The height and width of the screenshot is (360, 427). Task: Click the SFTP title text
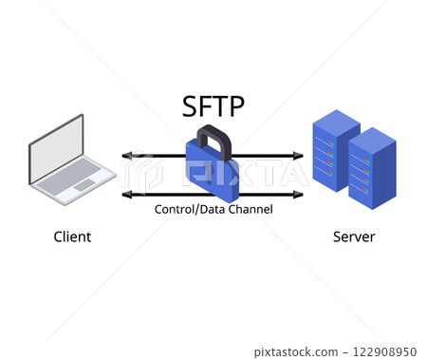pos(213,106)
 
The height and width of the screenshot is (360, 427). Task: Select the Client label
pos(72,237)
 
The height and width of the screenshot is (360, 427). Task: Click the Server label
pos(353,237)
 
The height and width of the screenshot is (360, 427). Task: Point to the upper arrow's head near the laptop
pos(126,156)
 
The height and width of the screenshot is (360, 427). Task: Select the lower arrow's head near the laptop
pos(126,195)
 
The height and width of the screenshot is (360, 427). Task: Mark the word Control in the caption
pos(175,208)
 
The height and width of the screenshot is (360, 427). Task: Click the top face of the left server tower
pos(335,122)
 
